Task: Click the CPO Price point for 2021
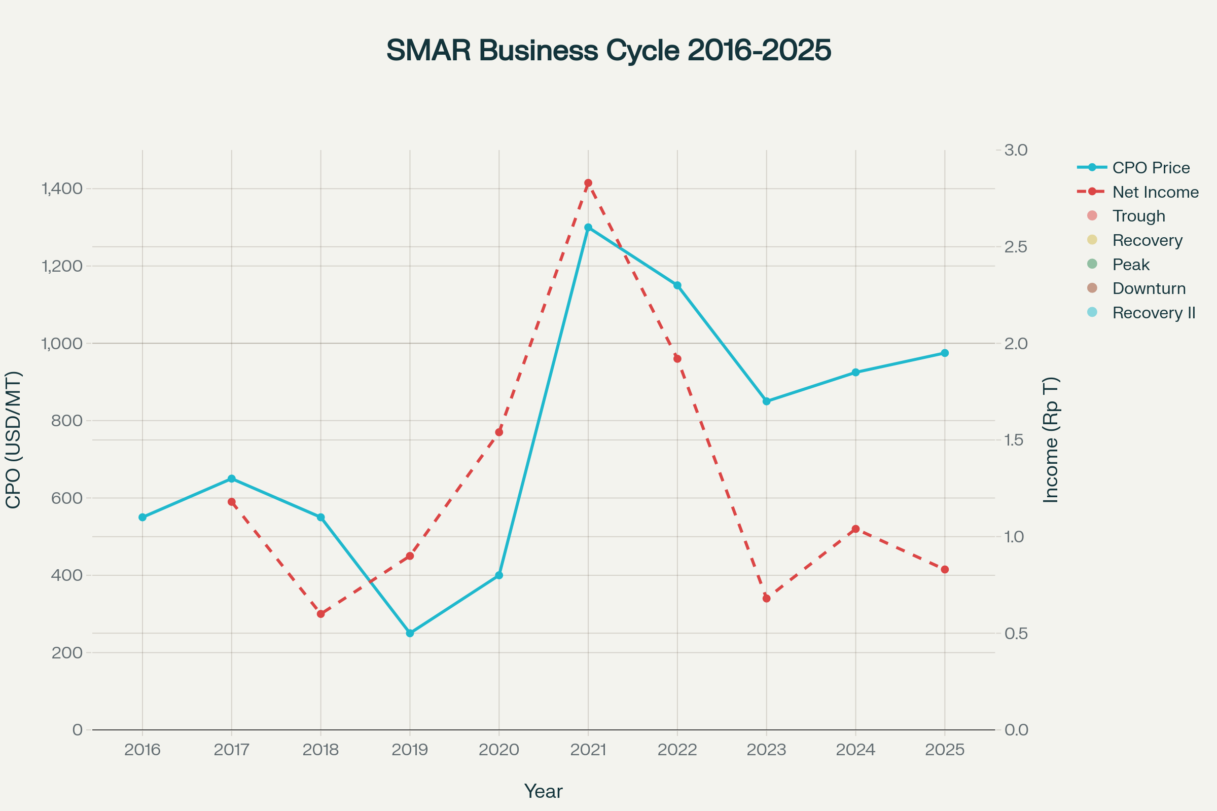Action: [588, 228]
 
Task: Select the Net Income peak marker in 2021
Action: [588, 183]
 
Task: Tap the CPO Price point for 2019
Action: [410, 633]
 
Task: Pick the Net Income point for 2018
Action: [321, 614]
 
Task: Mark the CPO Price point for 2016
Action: [142, 517]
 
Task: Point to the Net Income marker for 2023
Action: [766, 599]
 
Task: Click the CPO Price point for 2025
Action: [945, 353]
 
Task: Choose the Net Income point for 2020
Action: [499, 432]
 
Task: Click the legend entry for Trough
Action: [1138, 216]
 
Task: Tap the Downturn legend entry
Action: [1149, 288]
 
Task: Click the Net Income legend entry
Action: [1155, 192]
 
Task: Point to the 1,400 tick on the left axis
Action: [62, 189]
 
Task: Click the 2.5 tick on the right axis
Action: [1015, 247]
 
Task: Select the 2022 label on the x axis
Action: [677, 750]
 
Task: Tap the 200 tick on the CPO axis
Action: [67, 653]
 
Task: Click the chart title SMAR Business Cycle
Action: [608, 50]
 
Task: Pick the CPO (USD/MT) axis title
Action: [13, 439]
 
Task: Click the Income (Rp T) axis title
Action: [1051, 439]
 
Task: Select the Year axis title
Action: [543, 791]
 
